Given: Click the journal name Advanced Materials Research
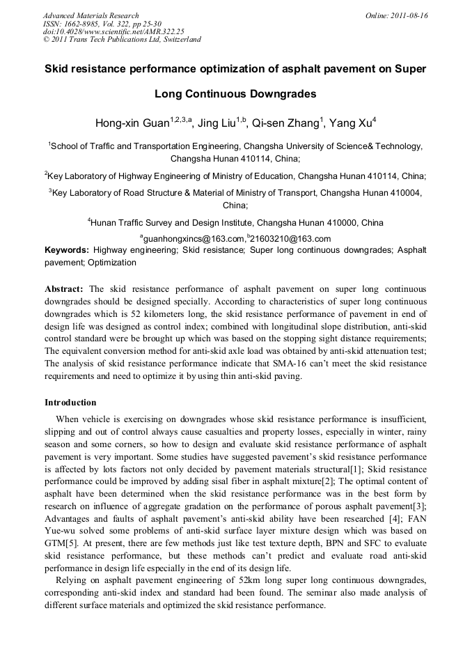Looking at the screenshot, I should [x=91, y=15].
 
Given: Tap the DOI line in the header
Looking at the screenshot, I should [x=113, y=31].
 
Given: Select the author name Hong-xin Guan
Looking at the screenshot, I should [x=132, y=124].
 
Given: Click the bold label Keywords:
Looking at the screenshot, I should [x=67, y=249].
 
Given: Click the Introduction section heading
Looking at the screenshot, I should [x=70, y=403].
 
